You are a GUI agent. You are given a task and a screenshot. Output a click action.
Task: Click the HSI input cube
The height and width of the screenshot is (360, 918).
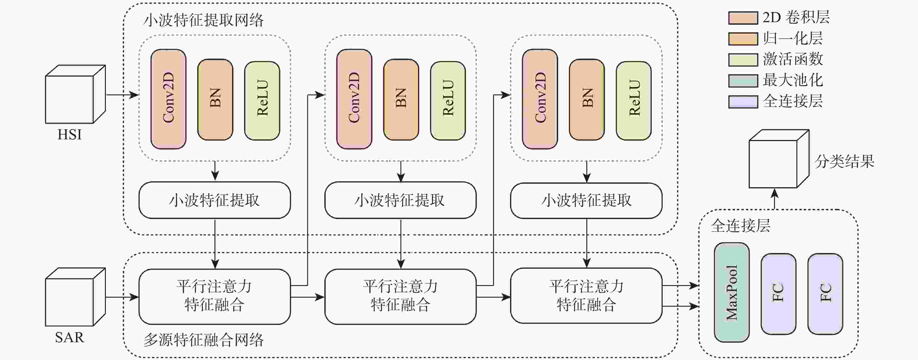click(x=75, y=94)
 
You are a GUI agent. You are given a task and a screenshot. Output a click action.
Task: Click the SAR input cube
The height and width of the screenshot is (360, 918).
click(x=75, y=297)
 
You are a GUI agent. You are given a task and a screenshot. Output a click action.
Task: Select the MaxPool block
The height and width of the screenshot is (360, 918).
click(x=731, y=293)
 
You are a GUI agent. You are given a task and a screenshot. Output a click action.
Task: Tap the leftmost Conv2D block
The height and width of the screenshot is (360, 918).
click(x=168, y=99)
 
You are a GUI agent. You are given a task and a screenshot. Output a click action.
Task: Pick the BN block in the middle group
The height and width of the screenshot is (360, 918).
click(x=401, y=99)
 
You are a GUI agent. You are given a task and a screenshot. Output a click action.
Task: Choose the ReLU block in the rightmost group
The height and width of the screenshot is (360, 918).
click(x=634, y=101)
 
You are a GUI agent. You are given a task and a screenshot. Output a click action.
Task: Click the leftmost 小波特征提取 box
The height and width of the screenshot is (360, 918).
click(x=214, y=200)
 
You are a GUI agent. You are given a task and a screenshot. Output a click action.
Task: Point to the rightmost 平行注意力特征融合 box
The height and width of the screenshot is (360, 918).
click(x=586, y=296)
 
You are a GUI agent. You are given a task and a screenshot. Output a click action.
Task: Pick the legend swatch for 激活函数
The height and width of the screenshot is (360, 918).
click(x=743, y=60)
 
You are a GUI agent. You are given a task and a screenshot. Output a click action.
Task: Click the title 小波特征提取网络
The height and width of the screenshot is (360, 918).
click(x=203, y=20)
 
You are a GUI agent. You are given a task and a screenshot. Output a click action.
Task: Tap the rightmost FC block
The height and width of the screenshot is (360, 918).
click(x=825, y=294)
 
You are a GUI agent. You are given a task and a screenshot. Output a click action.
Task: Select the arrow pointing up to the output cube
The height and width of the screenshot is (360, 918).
click(x=775, y=199)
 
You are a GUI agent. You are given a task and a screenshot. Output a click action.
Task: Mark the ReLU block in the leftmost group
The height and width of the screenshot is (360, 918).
click(x=262, y=101)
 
